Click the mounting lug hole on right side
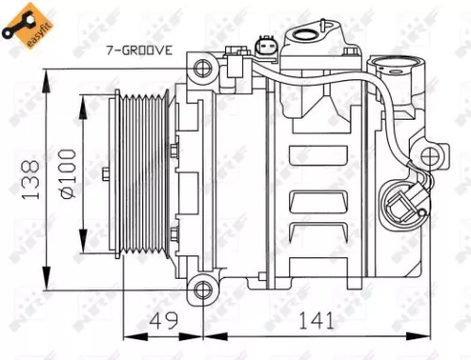[431, 156]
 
